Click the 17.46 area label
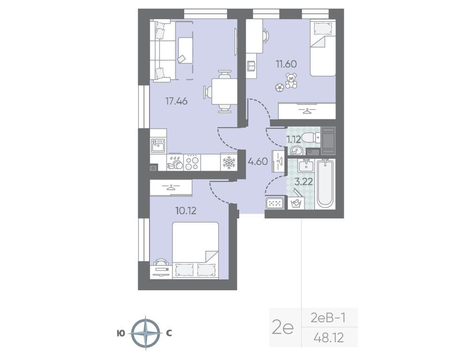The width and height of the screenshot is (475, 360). (176, 101)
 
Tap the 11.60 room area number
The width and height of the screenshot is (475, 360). (286, 64)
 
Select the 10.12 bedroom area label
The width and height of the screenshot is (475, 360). (186, 210)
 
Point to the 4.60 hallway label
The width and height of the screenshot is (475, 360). (258, 162)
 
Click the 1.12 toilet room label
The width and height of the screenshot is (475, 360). (294, 140)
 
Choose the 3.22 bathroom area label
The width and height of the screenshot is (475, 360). (303, 182)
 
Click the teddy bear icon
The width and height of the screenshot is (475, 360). (291, 81)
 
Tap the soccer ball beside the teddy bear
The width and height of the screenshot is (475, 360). (279, 88)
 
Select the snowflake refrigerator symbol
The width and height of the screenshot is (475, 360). (229, 162)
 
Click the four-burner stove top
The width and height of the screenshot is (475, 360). (192, 162)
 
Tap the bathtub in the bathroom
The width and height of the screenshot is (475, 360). (325, 184)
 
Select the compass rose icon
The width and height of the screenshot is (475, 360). (146, 333)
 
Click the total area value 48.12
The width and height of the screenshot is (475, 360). (329, 337)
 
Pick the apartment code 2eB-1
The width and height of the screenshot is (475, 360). (328, 318)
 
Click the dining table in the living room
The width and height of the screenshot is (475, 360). (224, 91)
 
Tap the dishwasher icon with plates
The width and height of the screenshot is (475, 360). (175, 162)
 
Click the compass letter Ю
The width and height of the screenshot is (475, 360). (120, 333)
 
